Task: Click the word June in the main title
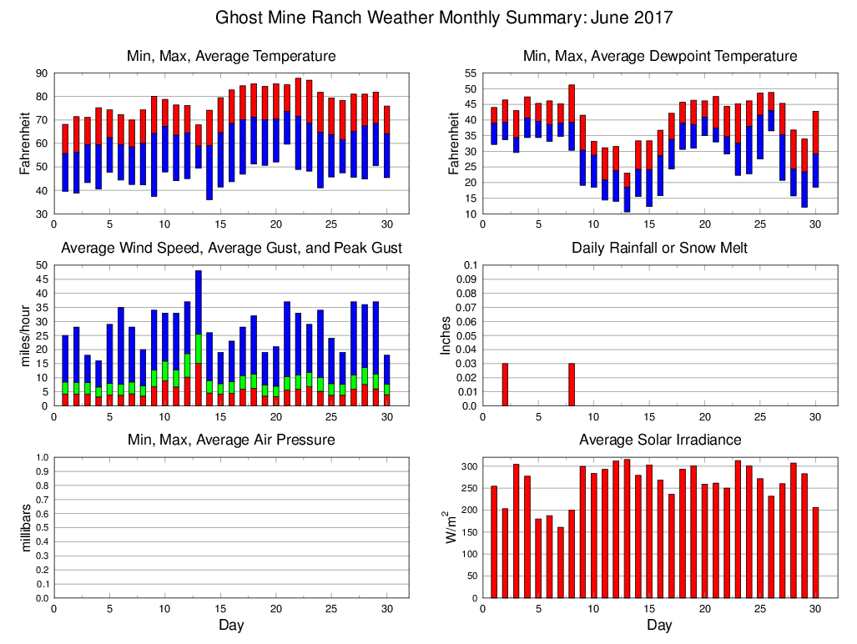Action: tap(613, 18)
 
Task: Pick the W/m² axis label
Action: tap(451, 527)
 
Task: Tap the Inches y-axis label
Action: tap(446, 335)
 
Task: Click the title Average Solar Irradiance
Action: tap(659, 440)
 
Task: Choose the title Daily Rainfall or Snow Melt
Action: tap(659, 248)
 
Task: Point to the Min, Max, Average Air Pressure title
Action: tap(231, 440)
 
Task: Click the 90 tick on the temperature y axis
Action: tap(40, 73)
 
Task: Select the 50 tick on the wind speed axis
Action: tap(40, 265)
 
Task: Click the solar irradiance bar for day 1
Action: tap(494, 541)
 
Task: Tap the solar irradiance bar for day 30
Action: tap(814, 552)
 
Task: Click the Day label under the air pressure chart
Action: tap(231, 625)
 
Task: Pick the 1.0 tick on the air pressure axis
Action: tap(38, 457)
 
